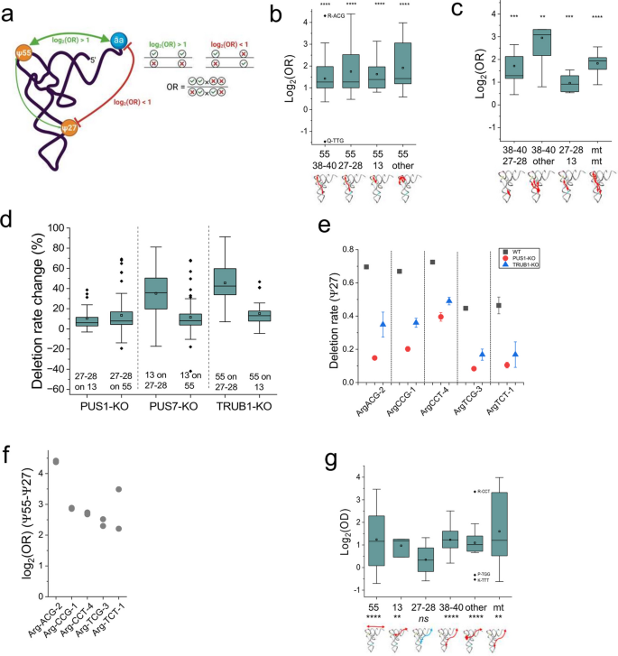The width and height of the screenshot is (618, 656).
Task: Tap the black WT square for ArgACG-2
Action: (365, 267)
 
